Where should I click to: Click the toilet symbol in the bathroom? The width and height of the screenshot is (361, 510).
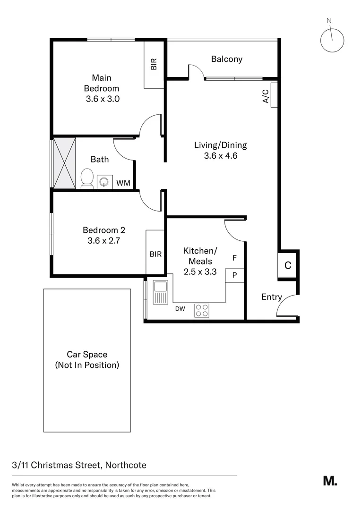pyautogui.click(x=87, y=178)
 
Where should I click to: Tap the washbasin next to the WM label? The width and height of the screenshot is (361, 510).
pyautogui.click(x=105, y=181)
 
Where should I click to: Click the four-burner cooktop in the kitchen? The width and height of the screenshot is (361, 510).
pyautogui.click(x=202, y=310)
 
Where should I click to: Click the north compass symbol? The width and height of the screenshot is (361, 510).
pyautogui.click(x=332, y=40)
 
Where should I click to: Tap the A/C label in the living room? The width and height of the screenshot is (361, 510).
pyautogui.click(x=266, y=96)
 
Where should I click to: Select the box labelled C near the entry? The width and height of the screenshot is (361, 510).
pyautogui.click(x=287, y=265)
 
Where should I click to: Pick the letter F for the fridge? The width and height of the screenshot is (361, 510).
pyautogui.click(x=234, y=258)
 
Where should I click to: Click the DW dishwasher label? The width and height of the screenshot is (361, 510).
pyautogui.click(x=180, y=309)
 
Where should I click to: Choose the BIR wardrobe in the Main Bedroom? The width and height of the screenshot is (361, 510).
pyautogui.click(x=154, y=65)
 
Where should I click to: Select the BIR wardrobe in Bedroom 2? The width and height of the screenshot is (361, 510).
pyautogui.click(x=155, y=254)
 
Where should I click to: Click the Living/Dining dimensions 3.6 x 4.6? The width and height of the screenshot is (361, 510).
pyautogui.click(x=220, y=155)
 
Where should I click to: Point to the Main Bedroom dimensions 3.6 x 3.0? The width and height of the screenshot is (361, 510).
pyautogui.click(x=103, y=99)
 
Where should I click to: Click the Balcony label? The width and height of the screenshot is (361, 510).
pyautogui.click(x=226, y=59)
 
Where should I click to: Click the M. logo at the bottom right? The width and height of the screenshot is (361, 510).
pyautogui.click(x=330, y=481)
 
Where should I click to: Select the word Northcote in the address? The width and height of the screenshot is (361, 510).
pyautogui.click(x=124, y=465)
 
